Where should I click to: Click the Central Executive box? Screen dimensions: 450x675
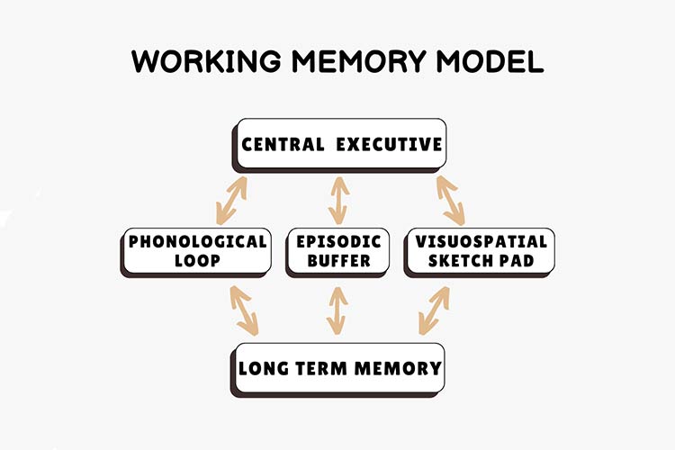[340, 143]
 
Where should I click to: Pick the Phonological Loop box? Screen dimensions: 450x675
[195, 251]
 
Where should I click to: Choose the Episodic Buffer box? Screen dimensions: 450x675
[338, 251]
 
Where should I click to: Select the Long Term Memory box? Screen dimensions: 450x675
[339, 367]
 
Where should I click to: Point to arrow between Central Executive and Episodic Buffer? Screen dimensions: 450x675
[338, 200]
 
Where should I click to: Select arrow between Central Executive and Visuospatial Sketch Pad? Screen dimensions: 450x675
[450, 200]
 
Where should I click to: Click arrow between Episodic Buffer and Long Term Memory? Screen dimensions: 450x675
[338, 310]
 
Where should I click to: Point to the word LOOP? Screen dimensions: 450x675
[195, 262]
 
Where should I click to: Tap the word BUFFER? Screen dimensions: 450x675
[338, 262]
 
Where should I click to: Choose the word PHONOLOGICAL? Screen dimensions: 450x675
[195, 241]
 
